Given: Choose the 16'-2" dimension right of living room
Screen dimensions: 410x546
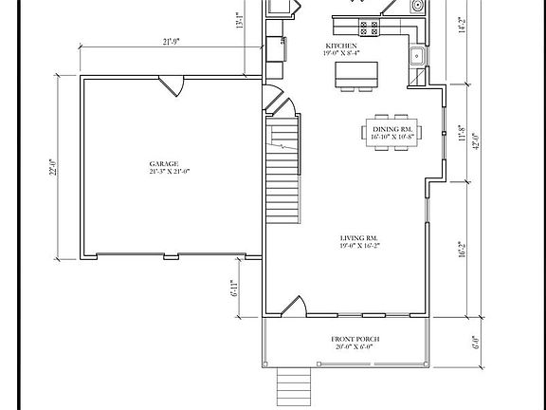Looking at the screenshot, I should tap(463, 248).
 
